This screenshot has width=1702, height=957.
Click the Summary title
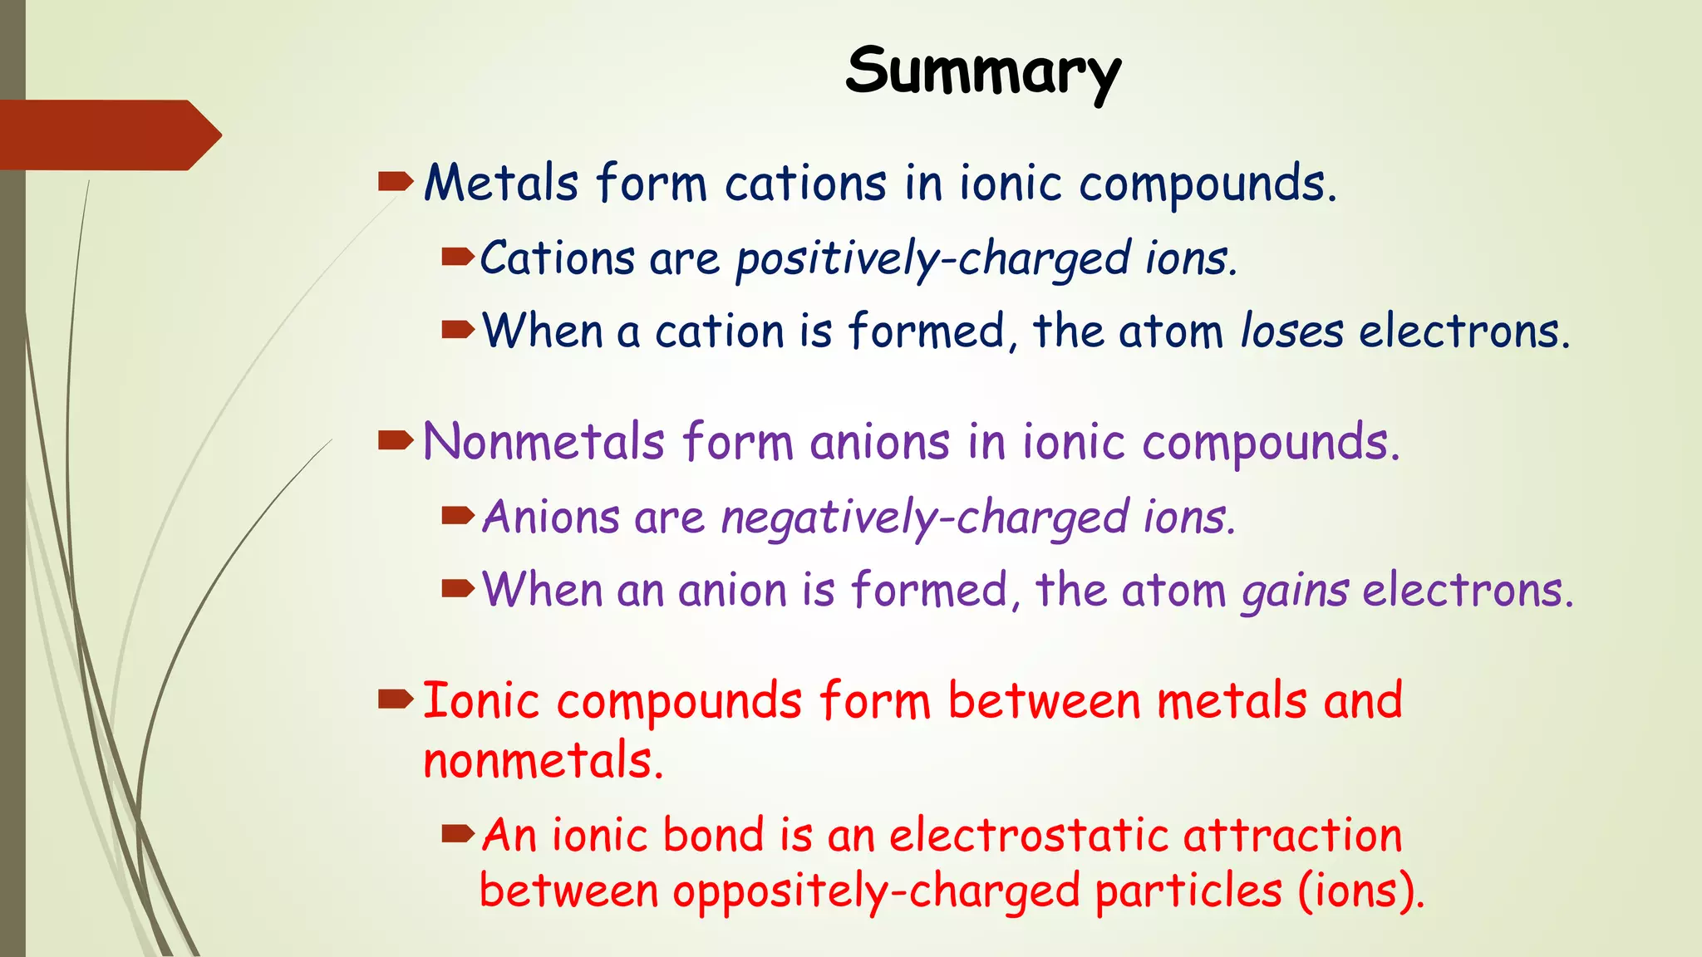click(983, 72)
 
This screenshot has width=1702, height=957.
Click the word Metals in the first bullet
click(501, 184)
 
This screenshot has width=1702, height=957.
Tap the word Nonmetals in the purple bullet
click(544, 442)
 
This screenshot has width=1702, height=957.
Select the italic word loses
click(1291, 331)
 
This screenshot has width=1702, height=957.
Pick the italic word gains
click(1295, 591)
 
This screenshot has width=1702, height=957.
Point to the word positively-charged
click(933, 259)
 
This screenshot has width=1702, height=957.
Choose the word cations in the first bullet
click(805, 184)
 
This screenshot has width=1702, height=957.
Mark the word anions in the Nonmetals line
click(879, 442)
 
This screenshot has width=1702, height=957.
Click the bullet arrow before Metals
click(395, 181)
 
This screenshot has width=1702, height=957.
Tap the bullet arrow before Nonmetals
click(395, 440)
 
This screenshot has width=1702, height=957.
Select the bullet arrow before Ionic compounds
click(395, 699)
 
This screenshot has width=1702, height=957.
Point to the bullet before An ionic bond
click(458, 832)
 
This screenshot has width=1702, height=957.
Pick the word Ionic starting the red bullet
click(481, 701)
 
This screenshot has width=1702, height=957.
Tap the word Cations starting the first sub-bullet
click(558, 258)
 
